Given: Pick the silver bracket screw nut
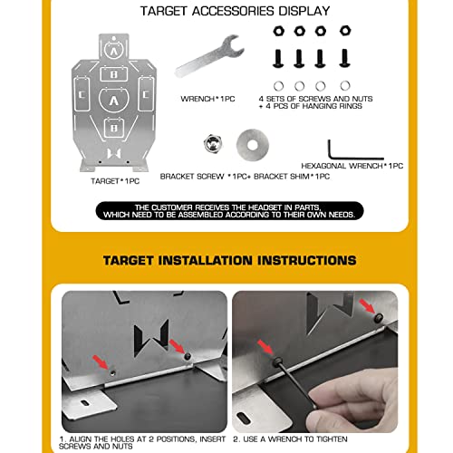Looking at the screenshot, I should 210,142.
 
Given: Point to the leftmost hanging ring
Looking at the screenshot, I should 277,86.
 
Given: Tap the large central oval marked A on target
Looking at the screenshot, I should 112,101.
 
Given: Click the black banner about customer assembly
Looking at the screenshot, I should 226,213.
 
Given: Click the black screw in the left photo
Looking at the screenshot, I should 188,356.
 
